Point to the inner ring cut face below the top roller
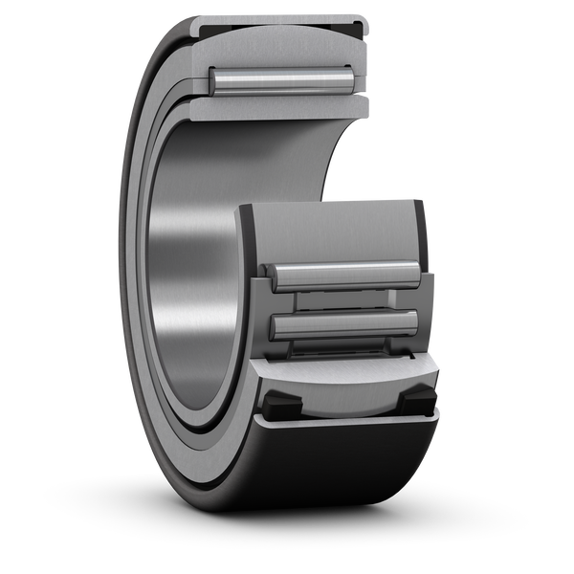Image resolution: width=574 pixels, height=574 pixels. pos(277,106)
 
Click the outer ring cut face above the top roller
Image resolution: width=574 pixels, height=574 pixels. pos(277,43)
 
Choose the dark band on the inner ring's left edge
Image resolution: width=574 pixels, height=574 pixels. pos(245,239)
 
